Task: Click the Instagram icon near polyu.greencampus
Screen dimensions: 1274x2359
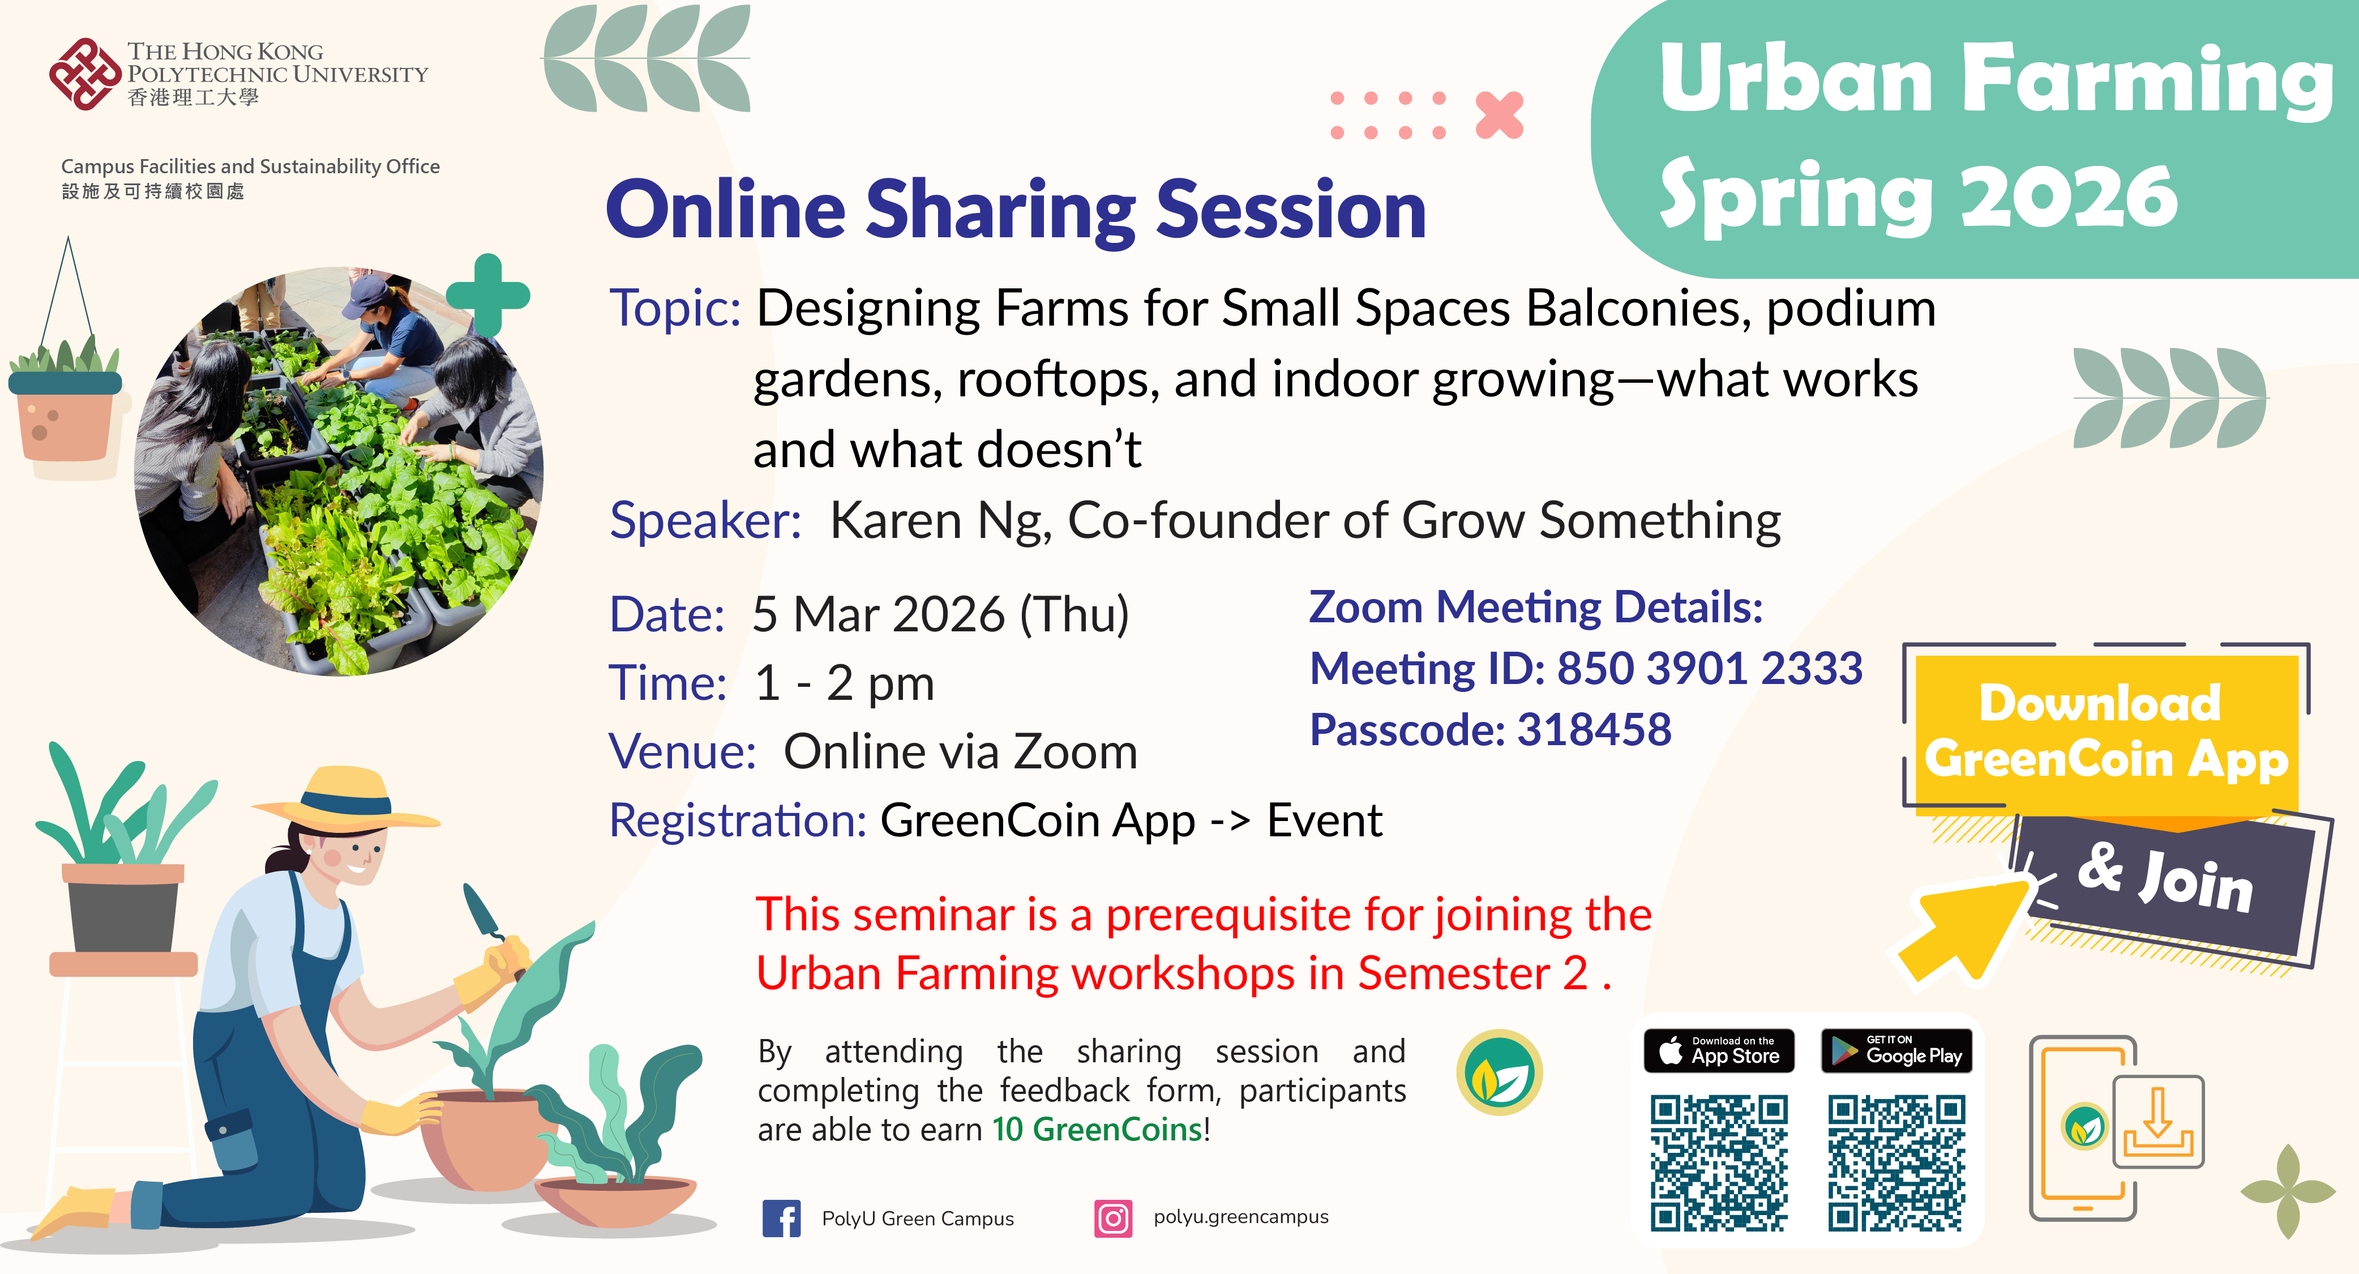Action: coord(1112,1218)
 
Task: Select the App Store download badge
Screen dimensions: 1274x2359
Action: coord(1719,1050)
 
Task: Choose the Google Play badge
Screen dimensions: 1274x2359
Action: coord(1895,1050)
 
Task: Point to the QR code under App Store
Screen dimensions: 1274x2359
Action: coord(1719,1162)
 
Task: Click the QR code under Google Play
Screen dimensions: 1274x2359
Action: coord(1895,1162)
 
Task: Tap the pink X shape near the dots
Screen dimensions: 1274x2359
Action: coord(1499,116)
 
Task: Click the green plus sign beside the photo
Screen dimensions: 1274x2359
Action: coord(488,295)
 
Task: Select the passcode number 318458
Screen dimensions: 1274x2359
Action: coord(1594,730)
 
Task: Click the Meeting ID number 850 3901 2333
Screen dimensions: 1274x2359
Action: coord(1710,669)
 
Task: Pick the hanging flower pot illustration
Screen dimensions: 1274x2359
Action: coord(64,412)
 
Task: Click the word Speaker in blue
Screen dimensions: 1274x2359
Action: coord(705,520)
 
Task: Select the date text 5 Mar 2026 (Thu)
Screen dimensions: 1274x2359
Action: coord(940,614)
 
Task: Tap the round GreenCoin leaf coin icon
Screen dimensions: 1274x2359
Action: coord(1499,1072)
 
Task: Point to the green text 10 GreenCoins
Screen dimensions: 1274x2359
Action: coord(1097,1129)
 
